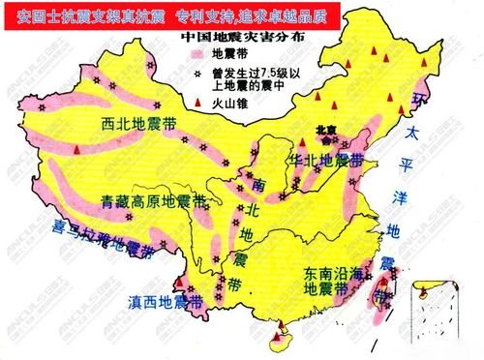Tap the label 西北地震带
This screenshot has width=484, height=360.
click(x=137, y=127)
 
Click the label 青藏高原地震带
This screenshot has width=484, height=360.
click(x=152, y=202)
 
